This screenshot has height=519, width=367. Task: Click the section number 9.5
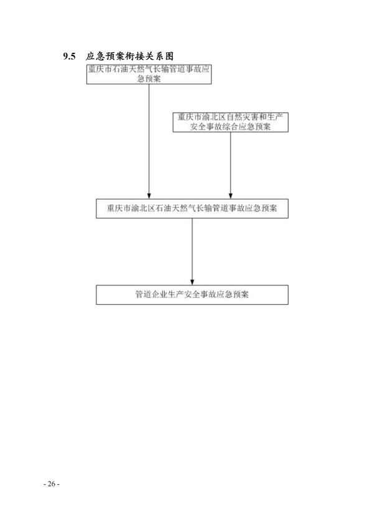69,56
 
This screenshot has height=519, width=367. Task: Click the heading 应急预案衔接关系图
130,56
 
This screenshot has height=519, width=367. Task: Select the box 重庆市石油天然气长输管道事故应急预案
149,74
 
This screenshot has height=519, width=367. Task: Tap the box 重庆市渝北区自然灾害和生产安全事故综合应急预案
230,122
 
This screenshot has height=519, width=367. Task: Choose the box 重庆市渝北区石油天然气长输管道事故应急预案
192,208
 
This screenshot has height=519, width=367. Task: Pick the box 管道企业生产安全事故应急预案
192,294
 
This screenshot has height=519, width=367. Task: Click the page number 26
52,484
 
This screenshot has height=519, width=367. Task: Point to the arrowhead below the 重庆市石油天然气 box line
149,196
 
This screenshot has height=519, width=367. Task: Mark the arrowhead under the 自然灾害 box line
231,196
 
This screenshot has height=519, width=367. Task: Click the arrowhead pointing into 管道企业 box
192,282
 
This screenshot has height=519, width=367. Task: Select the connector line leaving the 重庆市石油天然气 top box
149,141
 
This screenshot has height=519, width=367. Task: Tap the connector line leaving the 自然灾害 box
231,166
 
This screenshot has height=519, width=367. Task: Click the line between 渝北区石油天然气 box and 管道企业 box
192,251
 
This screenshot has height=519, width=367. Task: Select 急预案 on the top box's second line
149,79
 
